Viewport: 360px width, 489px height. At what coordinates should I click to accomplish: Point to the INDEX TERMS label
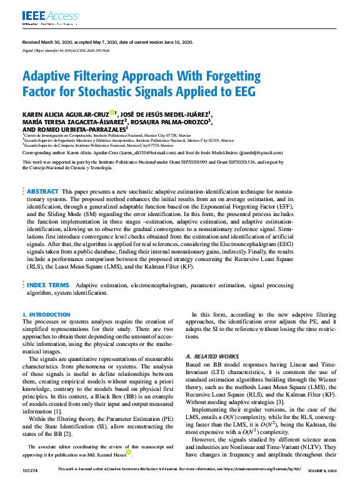tap(48, 285)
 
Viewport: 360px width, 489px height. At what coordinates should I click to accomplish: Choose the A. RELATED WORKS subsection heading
tap(212, 356)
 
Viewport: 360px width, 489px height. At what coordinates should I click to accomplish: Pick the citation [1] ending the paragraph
tap(57, 412)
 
